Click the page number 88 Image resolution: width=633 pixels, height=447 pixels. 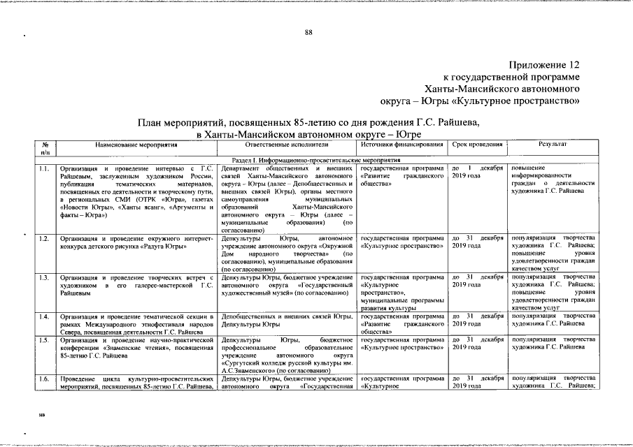point(308,33)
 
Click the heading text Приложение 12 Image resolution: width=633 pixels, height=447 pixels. point(545,64)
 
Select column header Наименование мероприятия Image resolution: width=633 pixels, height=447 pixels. point(137,145)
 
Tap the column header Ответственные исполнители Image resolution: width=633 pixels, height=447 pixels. point(287,145)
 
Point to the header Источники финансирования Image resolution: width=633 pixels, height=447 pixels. point(402,145)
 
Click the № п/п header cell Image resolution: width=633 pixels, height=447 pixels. point(45,148)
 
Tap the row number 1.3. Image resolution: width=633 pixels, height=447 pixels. point(44,277)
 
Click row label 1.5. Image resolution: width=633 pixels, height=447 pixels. point(44,339)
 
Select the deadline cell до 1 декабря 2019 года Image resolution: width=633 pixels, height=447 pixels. point(477,173)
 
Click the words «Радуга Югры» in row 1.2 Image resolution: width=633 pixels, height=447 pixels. point(165,247)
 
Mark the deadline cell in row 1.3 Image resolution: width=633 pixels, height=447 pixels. point(477,281)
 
